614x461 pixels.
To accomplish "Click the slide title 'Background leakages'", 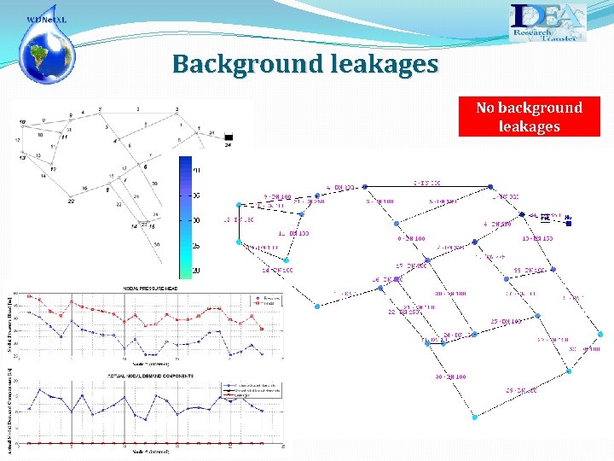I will click(x=305, y=64).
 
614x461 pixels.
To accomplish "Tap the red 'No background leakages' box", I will click(x=529, y=117).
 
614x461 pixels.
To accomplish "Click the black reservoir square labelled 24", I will click(x=228, y=137).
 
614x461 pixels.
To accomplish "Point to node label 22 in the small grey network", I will click(x=71, y=201).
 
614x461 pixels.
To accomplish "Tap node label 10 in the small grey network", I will click(x=40, y=134).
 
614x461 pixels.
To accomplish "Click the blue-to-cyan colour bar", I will click(x=186, y=217).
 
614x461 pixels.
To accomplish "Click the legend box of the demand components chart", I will click(x=252, y=388).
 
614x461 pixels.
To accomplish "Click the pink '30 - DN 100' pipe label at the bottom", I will click(x=450, y=376).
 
